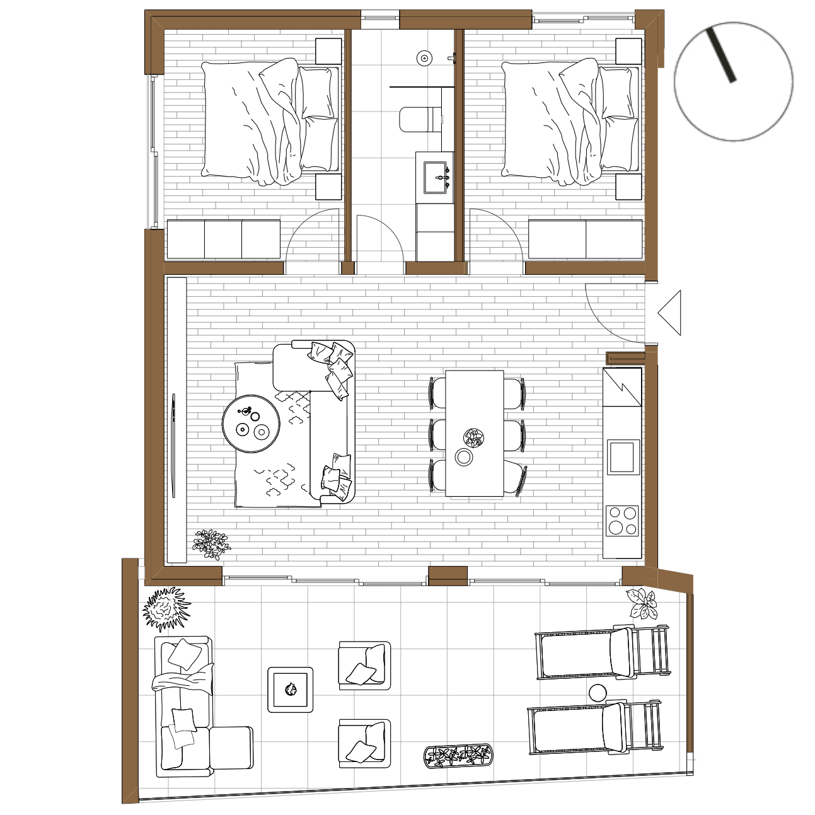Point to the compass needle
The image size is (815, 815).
tap(721, 55)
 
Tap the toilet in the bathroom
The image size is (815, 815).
tap(420, 119)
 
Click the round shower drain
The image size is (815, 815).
tap(424, 59)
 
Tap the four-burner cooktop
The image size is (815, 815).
tap(622, 521)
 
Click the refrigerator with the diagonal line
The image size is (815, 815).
tap(622, 387)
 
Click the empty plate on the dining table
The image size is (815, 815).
tap(464, 457)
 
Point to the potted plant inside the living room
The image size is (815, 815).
tap(211, 543)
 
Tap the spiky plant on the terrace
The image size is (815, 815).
tap(166, 608)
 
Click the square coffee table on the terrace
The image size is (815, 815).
tap(291, 690)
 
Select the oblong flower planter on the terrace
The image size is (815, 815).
tap(458, 755)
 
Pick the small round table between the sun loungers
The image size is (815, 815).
tap(598, 693)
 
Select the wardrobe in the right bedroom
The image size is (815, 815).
tap(585, 240)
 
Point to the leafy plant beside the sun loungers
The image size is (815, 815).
tap(642, 603)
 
